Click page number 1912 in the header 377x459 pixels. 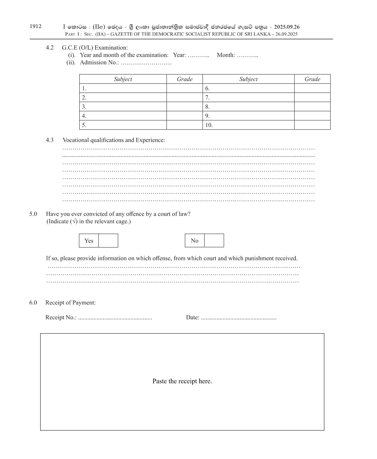(35, 26)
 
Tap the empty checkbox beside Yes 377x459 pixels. (108, 241)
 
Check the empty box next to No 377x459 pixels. (214, 241)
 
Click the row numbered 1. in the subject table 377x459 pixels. (123, 88)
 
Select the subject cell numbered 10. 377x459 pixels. (248, 125)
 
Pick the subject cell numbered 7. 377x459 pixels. (248, 97)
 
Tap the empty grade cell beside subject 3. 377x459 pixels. (185, 107)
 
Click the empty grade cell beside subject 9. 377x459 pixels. (312, 116)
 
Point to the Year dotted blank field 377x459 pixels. (198, 55)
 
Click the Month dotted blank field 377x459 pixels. (247, 55)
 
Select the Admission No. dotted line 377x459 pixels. (146, 63)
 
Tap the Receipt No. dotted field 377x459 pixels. (115, 318)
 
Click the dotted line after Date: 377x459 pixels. (239, 318)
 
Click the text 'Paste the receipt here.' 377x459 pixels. (182, 381)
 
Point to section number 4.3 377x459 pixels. (50, 140)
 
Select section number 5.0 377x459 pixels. (33, 214)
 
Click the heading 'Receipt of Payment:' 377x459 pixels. (70, 303)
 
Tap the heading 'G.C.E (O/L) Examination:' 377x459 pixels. (95, 48)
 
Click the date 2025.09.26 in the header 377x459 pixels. (287, 27)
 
